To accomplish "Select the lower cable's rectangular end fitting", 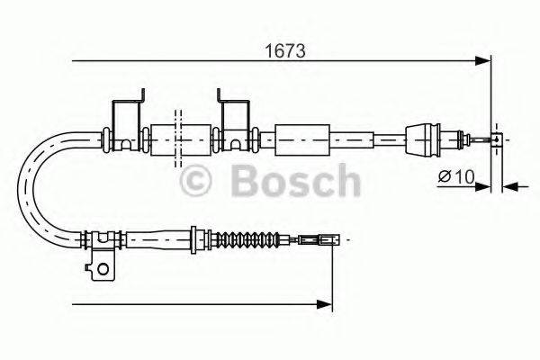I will [323, 240].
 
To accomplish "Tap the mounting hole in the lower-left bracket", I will [104, 267].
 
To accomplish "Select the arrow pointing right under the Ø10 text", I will [482, 187].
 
